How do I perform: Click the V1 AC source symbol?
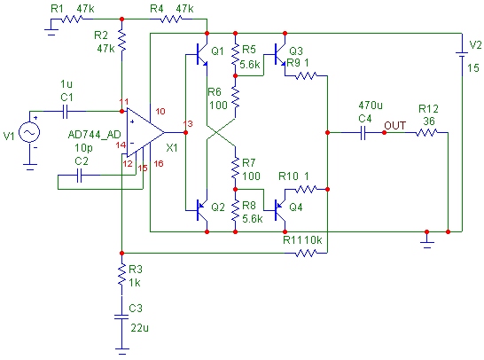point(29,132)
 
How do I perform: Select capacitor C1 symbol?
point(65,111)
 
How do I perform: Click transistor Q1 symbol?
point(201,55)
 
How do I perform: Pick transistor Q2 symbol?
point(201,210)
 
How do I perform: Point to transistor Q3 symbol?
point(279,55)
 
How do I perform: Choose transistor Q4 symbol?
point(279,210)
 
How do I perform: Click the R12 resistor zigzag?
point(426,133)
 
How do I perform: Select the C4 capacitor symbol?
point(363,133)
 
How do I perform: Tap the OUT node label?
point(395,126)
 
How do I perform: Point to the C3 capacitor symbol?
point(121,317)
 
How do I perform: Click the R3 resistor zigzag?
point(122,275)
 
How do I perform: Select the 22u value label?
point(139,328)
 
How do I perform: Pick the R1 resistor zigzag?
point(72,20)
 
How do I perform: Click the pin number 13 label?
point(188,124)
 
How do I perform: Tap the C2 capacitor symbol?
point(79,175)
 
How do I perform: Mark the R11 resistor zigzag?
point(306,254)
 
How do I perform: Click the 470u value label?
point(371,106)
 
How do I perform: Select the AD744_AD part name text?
point(94,135)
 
